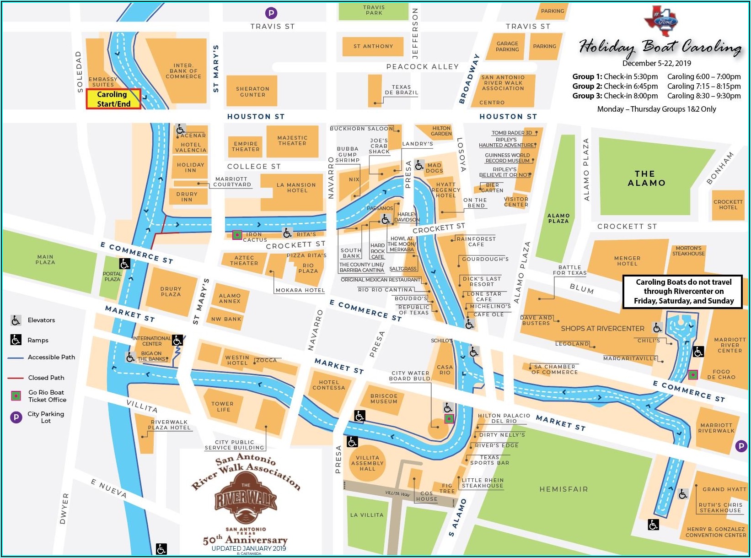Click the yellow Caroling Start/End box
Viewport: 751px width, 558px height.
[113, 99]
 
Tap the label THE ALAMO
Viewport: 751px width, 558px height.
[646, 179]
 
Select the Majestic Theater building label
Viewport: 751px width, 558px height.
[292, 141]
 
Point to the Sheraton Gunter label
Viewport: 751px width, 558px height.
[252, 92]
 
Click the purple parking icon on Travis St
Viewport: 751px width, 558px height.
[271, 13]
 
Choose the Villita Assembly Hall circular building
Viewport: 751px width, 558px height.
[367, 463]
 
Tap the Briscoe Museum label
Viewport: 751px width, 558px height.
[384, 399]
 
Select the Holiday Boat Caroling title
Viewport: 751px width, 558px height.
[660, 47]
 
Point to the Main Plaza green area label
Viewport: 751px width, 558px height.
[45, 260]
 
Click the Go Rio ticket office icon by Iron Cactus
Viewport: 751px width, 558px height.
[237, 235]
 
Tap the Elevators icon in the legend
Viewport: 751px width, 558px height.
[16, 320]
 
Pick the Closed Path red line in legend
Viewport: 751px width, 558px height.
[16, 378]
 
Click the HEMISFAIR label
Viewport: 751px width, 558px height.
[563, 489]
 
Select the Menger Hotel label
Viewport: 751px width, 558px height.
[627, 261]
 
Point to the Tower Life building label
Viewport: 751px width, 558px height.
[222, 406]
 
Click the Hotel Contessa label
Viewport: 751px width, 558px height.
[328, 385]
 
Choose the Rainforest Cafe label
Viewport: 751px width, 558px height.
[476, 241]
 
